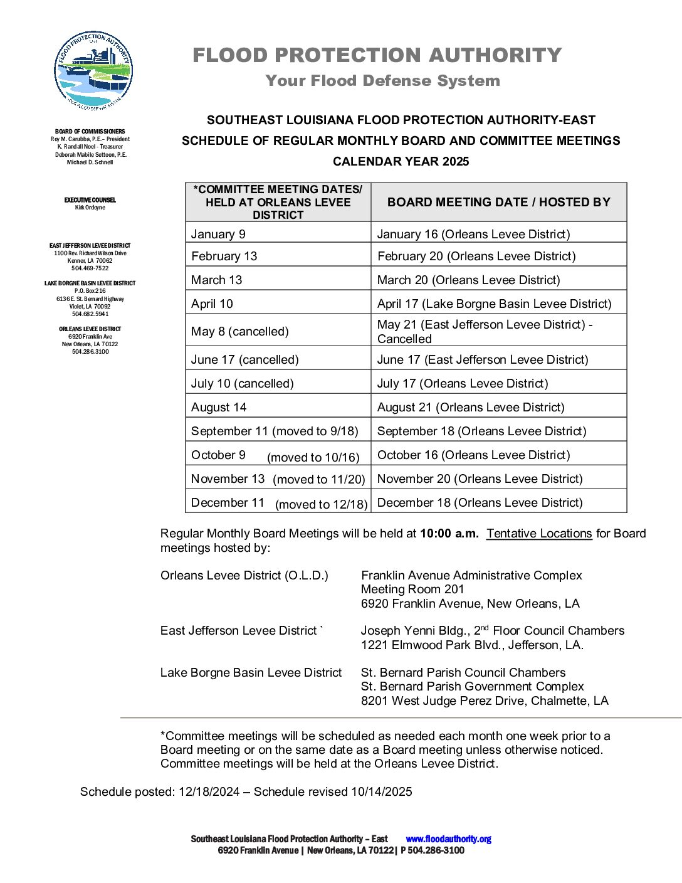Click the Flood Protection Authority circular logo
coord(93,71)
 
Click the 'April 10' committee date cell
coord(212,304)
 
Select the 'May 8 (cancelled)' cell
coord(239,332)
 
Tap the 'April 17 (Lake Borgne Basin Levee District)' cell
coord(494,304)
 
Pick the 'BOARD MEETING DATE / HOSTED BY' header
coord(498,202)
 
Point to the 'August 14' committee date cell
coord(219,408)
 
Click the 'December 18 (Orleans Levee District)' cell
coord(480,503)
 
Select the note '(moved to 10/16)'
coord(313,458)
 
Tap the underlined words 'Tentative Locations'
coord(539,534)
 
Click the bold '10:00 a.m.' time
coord(449,534)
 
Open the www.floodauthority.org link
coord(448,839)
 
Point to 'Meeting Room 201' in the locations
coord(412,590)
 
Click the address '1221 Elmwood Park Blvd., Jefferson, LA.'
coord(472,645)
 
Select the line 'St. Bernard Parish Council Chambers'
coord(463,673)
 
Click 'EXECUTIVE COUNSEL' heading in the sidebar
coord(90,200)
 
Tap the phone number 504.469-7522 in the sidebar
coord(90,268)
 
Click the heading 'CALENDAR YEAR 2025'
coord(401,162)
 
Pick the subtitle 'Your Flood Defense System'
coord(382,81)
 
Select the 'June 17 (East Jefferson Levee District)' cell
coord(483,360)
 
